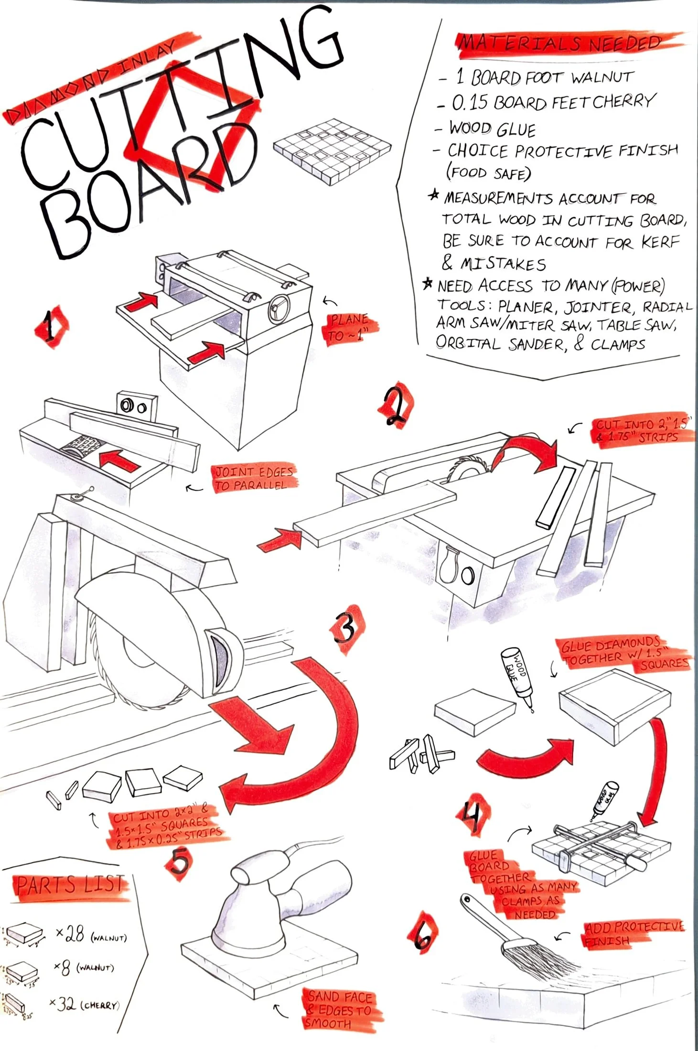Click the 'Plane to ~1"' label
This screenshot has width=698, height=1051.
pyautogui.click(x=350, y=328)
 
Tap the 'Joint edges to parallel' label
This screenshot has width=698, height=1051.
pyautogui.click(x=253, y=478)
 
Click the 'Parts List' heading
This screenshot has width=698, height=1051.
pyautogui.click(x=71, y=885)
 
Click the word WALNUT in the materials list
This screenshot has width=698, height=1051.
pyautogui.click(x=602, y=77)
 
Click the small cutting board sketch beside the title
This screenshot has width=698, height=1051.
pyautogui.click(x=332, y=150)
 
